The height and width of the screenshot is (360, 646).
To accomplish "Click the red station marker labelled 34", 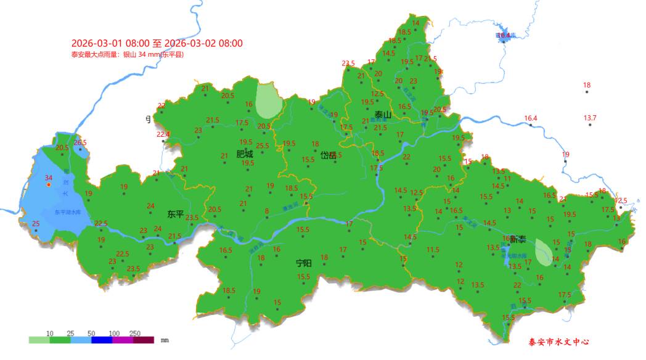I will pyautogui.click(x=49, y=184).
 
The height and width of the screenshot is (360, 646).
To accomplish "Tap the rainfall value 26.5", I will pyautogui.click(x=80, y=143).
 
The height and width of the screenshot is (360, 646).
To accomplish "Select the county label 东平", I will pyautogui.click(x=176, y=215).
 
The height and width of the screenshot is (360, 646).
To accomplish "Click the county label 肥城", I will pyautogui.click(x=245, y=155).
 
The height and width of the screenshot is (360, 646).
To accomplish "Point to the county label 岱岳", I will pyautogui.click(x=329, y=155).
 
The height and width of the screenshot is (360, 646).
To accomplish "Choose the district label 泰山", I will pyautogui.click(x=383, y=115).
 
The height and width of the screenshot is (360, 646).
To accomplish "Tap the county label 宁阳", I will pyautogui.click(x=303, y=263).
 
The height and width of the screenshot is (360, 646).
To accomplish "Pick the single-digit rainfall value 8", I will pyautogui.click(x=267, y=211).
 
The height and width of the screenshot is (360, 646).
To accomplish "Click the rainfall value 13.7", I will pyautogui.click(x=590, y=118).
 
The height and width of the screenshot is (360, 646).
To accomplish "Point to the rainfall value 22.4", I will pyautogui.click(x=163, y=134).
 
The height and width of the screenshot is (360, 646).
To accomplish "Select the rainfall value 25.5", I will pyautogui.click(x=263, y=146).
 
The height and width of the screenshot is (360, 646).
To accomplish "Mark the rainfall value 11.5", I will pyautogui.click(x=433, y=250).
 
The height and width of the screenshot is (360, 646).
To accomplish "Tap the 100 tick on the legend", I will pyautogui.click(x=113, y=333).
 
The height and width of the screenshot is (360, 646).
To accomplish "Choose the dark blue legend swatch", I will pyautogui.click(x=102, y=340).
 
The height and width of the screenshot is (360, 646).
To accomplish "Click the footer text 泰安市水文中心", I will pyautogui.click(x=560, y=342).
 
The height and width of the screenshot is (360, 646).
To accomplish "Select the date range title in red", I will pyautogui.click(x=157, y=43).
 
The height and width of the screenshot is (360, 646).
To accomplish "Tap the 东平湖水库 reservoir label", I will pyautogui.click(x=67, y=212).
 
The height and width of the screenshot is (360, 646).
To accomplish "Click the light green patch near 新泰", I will pyautogui.click(x=544, y=252).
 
